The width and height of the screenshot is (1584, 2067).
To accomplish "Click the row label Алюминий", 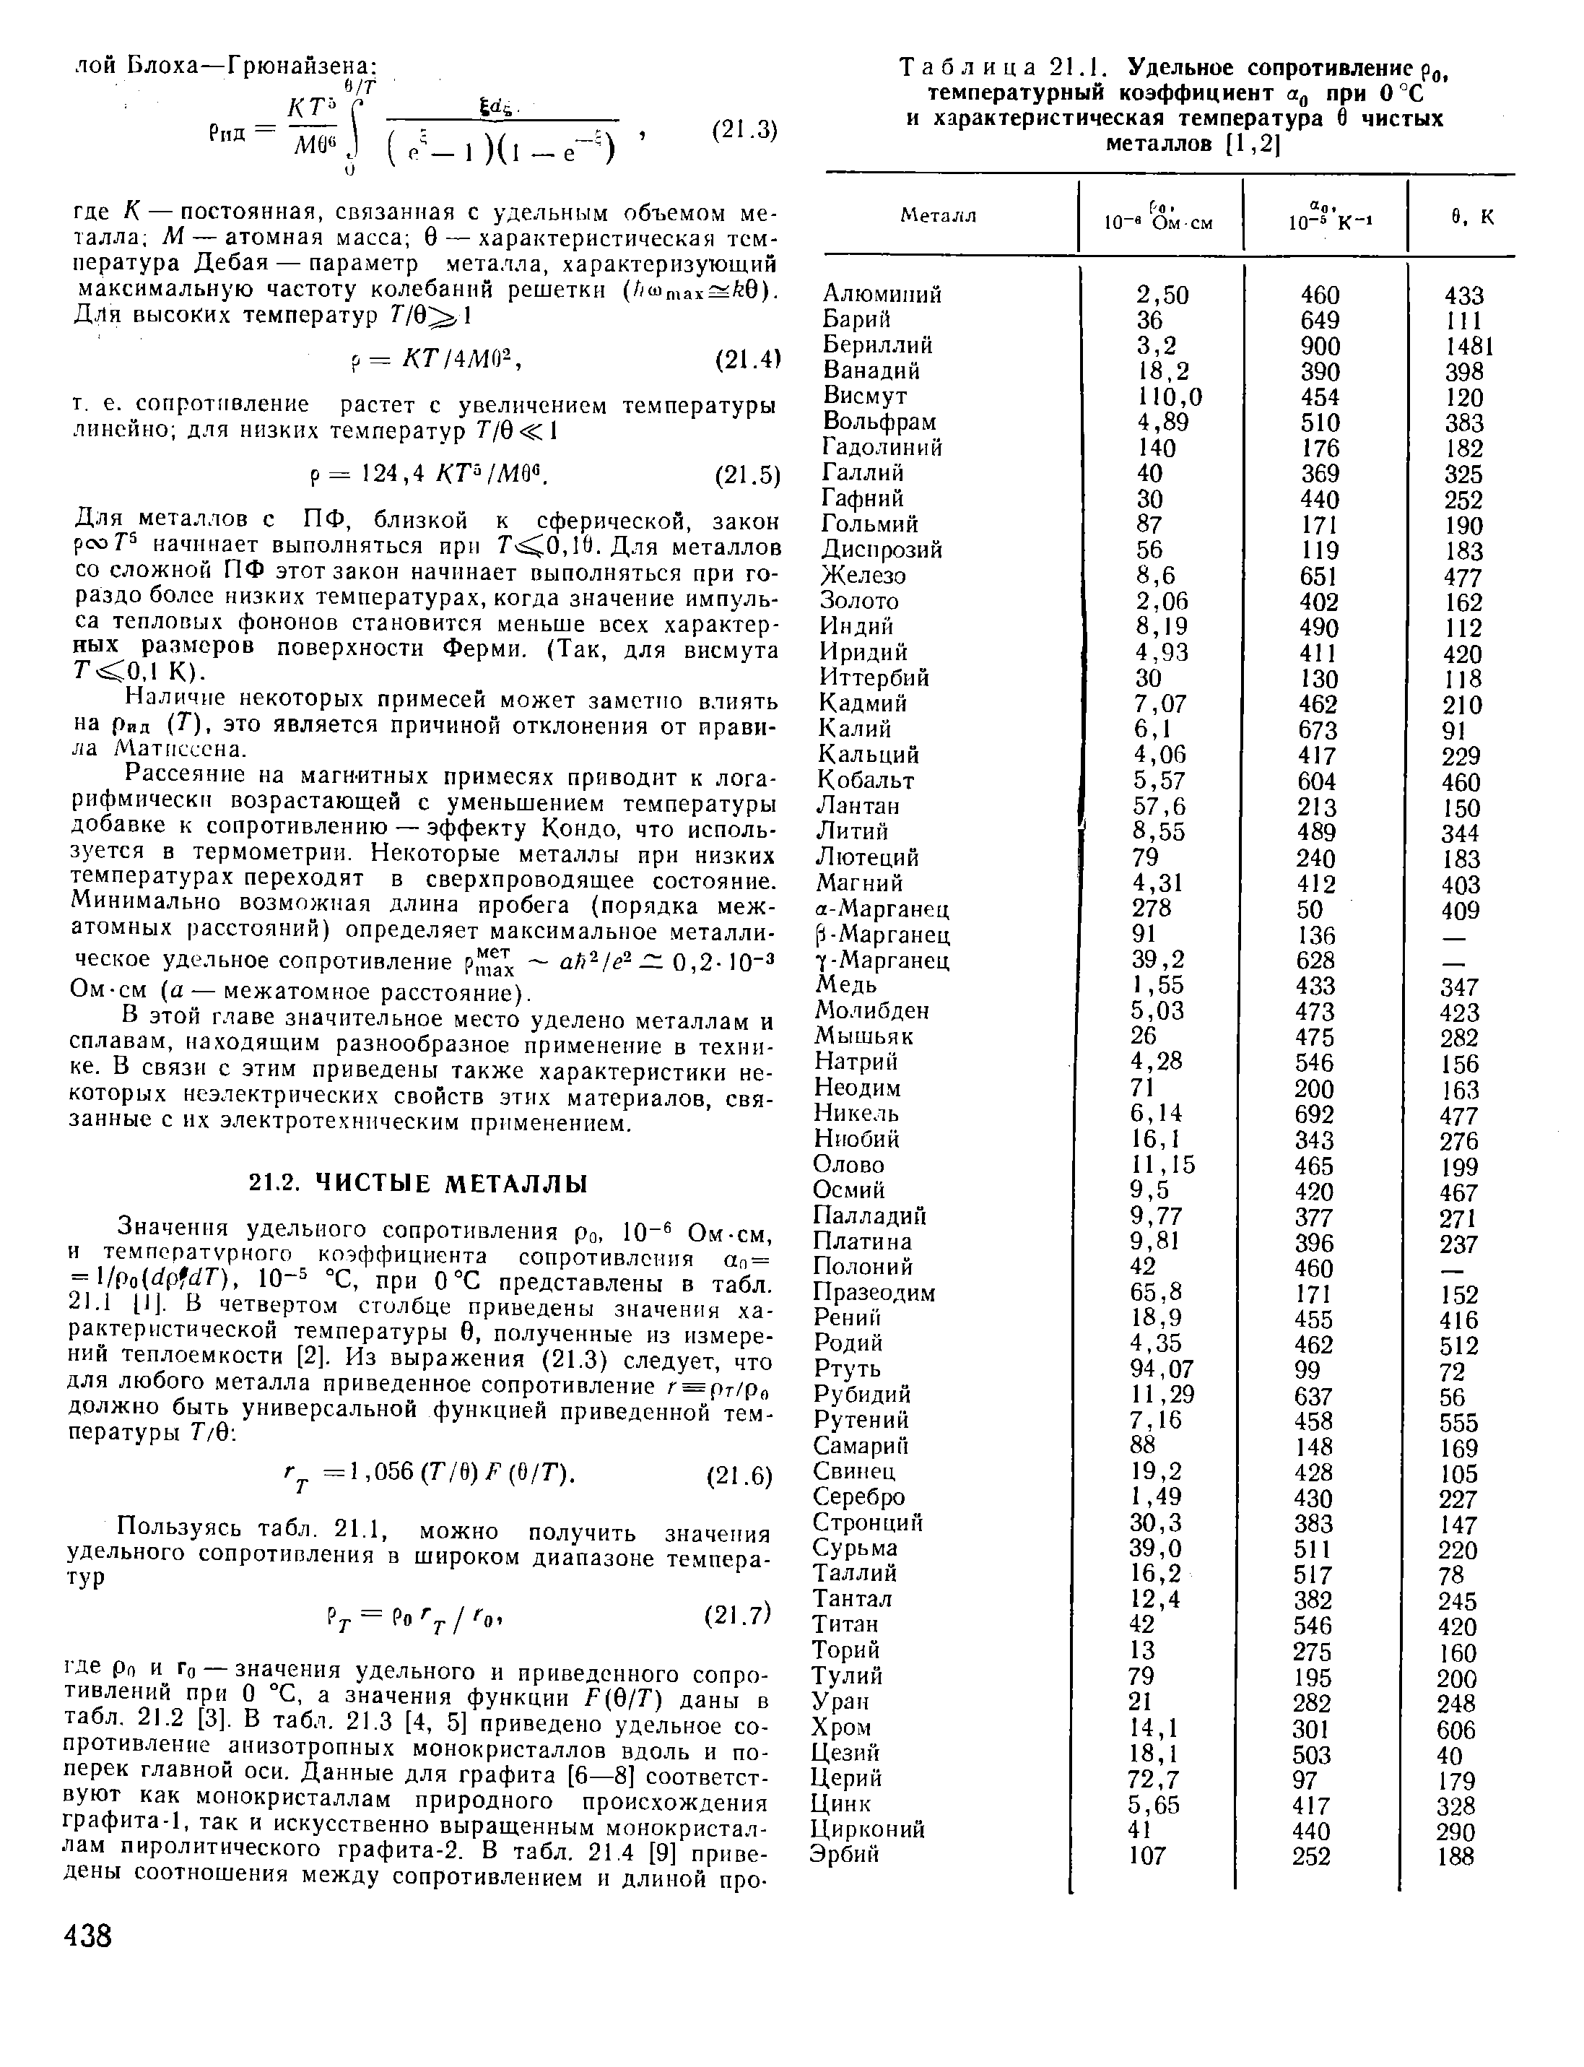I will (882, 294).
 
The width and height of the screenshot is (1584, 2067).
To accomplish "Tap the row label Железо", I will (863, 575).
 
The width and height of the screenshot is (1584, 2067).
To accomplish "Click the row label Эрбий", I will (845, 1854).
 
